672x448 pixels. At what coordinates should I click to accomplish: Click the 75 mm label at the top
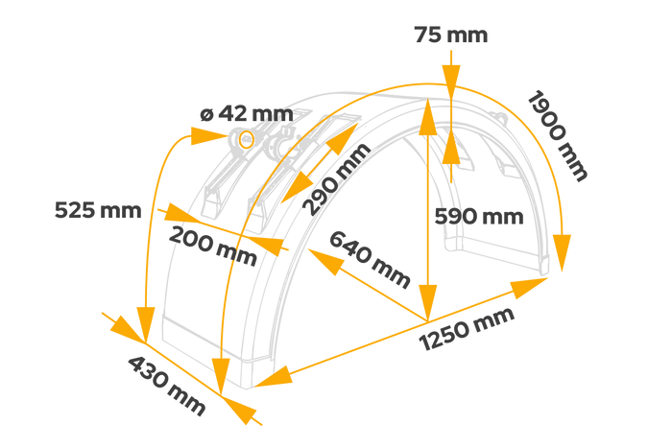pyautogui.click(x=450, y=36)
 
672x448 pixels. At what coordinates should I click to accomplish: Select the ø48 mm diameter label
pyautogui.click(x=246, y=113)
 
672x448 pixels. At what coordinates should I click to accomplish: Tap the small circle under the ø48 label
pyautogui.click(x=246, y=140)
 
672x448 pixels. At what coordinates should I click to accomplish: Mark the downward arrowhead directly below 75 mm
pyautogui.click(x=450, y=81)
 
